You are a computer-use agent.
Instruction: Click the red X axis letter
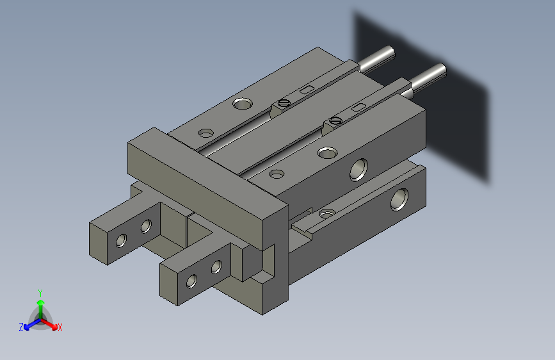point(60,327)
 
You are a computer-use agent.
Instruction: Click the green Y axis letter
point(40,291)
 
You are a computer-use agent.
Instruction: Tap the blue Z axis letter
point(21,327)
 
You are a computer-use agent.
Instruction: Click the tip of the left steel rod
point(390,51)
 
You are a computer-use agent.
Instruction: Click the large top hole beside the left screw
point(243,103)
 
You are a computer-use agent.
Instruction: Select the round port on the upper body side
point(358,169)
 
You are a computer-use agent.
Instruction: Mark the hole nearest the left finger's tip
point(120,241)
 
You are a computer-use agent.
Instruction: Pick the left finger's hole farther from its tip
point(146,225)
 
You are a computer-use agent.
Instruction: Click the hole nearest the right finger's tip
point(191,281)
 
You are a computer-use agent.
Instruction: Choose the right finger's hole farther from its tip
point(216,266)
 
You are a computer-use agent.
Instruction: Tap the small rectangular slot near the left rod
point(307,89)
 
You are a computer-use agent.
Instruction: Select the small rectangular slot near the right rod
point(358,107)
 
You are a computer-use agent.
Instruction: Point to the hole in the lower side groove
point(327,213)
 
